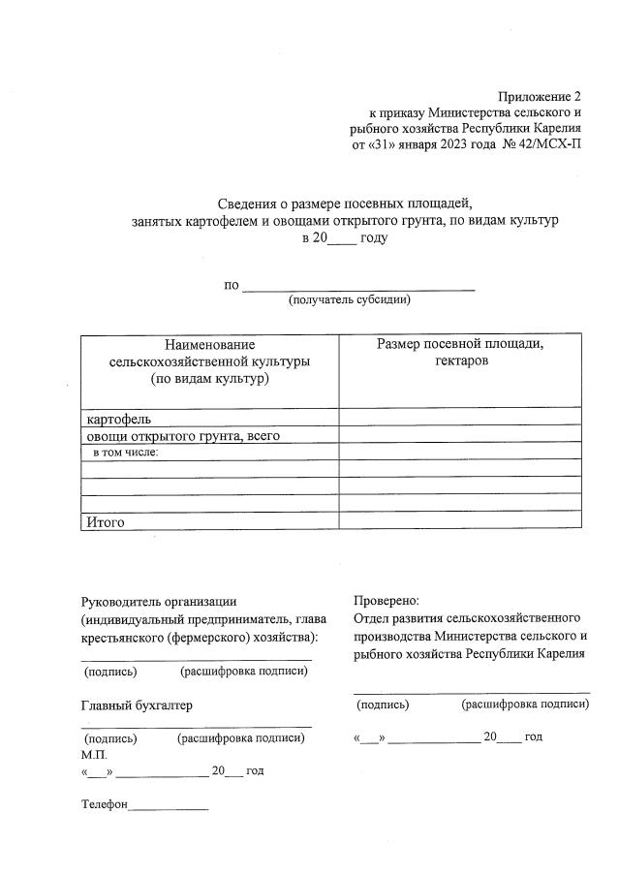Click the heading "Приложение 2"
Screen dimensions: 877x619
tap(540, 96)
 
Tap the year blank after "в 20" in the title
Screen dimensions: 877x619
tap(342, 238)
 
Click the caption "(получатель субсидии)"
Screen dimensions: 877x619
tap(349, 299)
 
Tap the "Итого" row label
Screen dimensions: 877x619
tap(107, 521)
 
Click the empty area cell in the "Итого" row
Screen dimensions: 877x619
tap(460, 521)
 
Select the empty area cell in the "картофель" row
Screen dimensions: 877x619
tap(460, 419)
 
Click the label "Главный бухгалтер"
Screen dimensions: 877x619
tap(137, 705)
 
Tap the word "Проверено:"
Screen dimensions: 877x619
tap(387, 601)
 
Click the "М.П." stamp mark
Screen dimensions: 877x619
tap(95, 754)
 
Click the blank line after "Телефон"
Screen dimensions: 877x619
tap(169, 806)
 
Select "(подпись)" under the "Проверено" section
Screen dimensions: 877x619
tap(383, 705)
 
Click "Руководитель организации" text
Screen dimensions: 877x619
tap(159, 601)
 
